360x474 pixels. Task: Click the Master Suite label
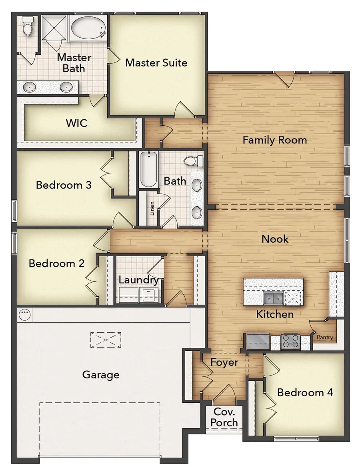point(156,63)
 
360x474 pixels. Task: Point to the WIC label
point(76,123)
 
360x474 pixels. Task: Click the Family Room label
point(275,140)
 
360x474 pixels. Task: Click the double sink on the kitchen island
point(273,298)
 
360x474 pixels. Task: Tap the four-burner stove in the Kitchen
point(290,341)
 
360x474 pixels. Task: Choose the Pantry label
point(324,337)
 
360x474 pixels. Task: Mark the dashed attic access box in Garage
point(106,339)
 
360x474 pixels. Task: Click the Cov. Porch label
point(224,417)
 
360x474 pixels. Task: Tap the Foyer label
point(224,363)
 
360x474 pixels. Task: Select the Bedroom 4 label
point(305,392)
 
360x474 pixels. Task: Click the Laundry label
point(138,280)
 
